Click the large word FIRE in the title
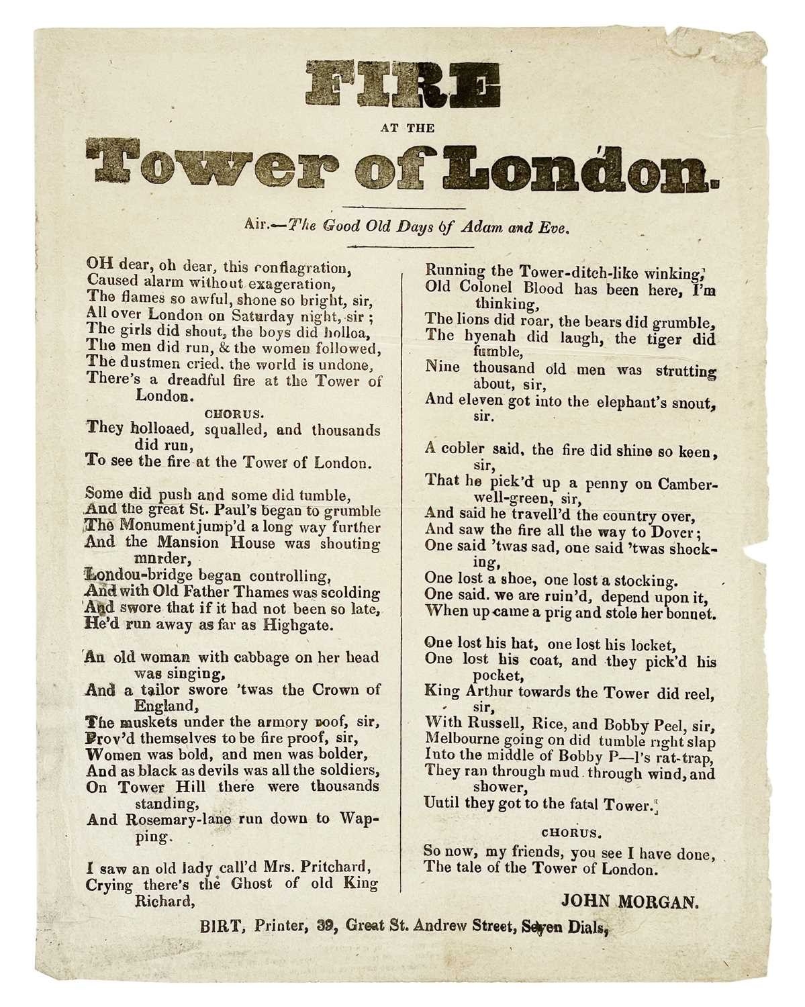403,87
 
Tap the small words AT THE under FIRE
403,128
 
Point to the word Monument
144,527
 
